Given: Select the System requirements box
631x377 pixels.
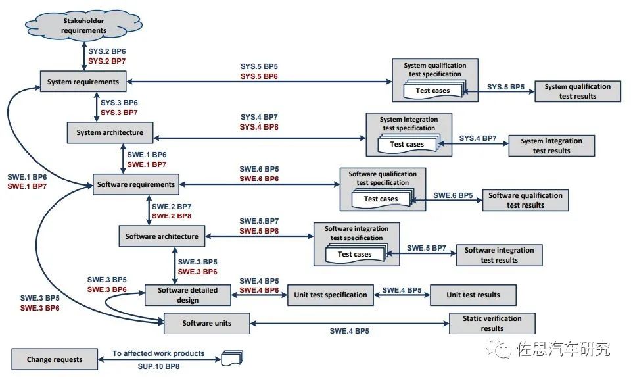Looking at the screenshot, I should click(x=83, y=82).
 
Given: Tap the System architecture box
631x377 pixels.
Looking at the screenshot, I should click(x=110, y=132).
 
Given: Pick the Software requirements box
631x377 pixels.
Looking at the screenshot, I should click(x=136, y=184).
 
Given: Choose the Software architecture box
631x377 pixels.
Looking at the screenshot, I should click(x=162, y=236).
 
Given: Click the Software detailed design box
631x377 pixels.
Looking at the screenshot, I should click(x=188, y=295).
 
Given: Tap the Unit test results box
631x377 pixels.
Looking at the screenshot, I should click(x=473, y=295).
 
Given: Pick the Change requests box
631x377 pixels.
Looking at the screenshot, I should click(x=55, y=359).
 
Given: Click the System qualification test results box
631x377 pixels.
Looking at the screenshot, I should click(x=578, y=91).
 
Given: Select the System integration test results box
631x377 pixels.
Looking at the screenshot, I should click(x=551, y=145).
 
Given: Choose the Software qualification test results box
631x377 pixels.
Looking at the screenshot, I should click(x=525, y=200).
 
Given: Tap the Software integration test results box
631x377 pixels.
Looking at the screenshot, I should click(x=500, y=255).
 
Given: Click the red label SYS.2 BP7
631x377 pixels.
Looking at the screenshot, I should click(x=107, y=61).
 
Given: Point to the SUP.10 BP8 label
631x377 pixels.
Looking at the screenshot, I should click(x=158, y=364).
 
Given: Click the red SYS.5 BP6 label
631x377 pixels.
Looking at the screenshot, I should click(x=258, y=76).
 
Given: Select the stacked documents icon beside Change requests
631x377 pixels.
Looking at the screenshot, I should click(x=233, y=359).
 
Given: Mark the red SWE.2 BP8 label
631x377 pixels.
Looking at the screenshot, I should click(x=172, y=215).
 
